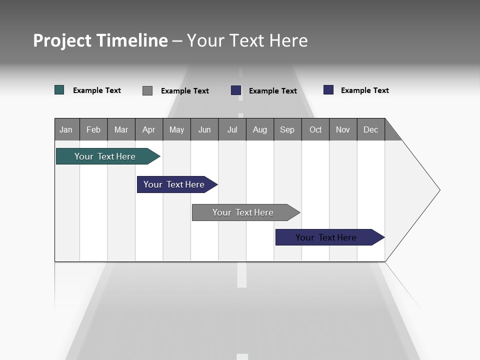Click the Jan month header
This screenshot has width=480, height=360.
click(x=66, y=129)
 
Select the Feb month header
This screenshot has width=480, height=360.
click(x=93, y=129)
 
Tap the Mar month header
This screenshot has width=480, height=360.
click(x=121, y=129)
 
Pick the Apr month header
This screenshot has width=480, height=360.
click(x=149, y=129)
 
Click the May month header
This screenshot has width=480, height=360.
click(x=176, y=129)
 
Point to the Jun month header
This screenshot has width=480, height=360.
click(x=204, y=129)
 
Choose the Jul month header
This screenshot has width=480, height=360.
click(x=232, y=129)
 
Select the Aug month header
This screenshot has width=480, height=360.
click(x=260, y=129)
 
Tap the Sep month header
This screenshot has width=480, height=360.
click(x=287, y=129)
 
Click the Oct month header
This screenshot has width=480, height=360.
click(x=315, y=129)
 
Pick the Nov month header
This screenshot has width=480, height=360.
click(x=343, y=129)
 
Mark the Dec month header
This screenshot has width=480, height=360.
click(x=371, y=129)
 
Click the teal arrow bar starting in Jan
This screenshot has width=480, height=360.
click(x=105, y=156)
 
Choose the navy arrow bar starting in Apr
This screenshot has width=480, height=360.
click(x=174, y=184)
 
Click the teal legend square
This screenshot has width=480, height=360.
click(x=59, y=90)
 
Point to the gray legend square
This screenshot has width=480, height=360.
click(x=147, y=90)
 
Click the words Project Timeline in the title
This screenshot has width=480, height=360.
click(x=100, y=40)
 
